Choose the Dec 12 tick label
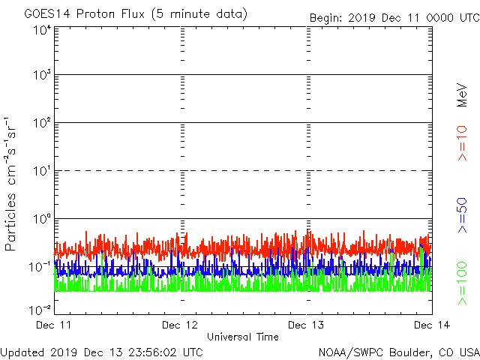[181, 325]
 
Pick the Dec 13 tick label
[306, 325]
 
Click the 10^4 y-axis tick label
[42, 31]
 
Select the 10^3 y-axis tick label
[42, 76]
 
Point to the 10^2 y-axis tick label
[42, 123]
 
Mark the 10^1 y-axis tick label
[42, 171]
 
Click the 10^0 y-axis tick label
[42, 219]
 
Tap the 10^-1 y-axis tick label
[40, 267]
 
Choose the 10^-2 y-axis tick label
[40, 309]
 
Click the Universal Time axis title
[243, 337]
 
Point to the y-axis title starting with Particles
[12, 184]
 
